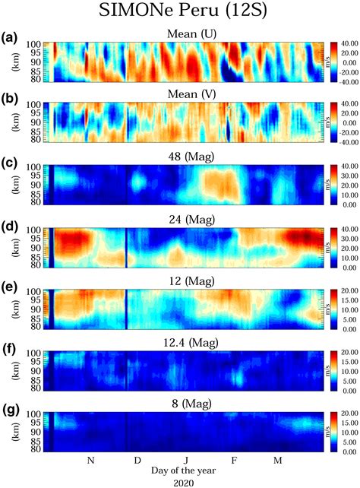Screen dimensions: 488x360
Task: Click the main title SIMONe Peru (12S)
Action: coord(181,13)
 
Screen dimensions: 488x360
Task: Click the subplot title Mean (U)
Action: coord(186,35)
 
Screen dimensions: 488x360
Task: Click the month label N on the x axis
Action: coord(90,461)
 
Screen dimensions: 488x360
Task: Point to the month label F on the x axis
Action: coord(234,461)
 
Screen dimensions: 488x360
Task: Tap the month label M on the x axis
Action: coord(278,461)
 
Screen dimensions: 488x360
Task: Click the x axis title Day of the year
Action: coord(186,471)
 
